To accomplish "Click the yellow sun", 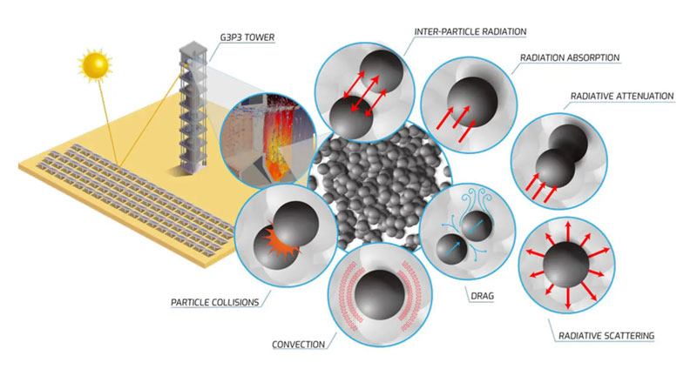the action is [95, 65].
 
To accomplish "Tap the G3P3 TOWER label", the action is [247, 37].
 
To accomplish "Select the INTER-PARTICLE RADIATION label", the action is [470, 31].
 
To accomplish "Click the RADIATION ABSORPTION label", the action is [570, 57].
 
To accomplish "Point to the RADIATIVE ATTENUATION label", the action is [622, 97].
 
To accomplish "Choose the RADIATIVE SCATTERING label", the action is [606, 336].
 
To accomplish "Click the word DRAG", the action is [483, 296].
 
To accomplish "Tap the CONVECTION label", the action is [298, 345].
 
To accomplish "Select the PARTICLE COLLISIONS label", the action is [214, 302].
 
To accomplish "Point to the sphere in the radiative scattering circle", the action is [565, 265].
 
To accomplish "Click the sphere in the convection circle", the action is [380, 295].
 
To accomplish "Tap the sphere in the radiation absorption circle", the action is [472, 103].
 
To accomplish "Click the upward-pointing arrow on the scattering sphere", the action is [568, 232].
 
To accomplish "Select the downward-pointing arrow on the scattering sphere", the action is [568, 299].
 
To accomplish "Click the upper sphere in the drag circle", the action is [477, 226].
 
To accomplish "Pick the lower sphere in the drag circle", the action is [451, 249].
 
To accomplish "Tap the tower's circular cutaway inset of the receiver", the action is [267, 140].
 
